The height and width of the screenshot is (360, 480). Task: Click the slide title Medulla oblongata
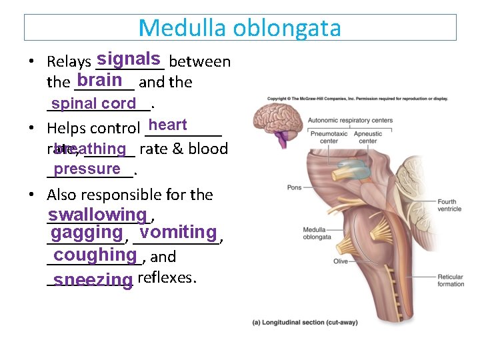coord(240,28)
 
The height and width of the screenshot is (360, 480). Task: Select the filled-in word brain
coord(99,80)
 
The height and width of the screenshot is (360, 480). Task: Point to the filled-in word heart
coord(168,125)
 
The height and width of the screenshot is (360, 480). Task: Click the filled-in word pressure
coord(87,169)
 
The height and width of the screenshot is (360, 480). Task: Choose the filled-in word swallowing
coord(97,215)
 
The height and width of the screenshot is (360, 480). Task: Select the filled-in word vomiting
coord(179,233)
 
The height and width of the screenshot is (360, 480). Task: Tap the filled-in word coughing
coord(95,255)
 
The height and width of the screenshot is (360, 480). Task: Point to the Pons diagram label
coord(295,188)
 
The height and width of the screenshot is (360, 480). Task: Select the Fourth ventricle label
coord(449,205)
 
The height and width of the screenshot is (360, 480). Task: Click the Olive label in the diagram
coord(341,261)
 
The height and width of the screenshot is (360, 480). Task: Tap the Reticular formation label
coord(451,281)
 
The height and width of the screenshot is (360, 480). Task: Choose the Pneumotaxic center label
coord(329,137)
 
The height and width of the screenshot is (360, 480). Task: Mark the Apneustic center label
coord(367,137)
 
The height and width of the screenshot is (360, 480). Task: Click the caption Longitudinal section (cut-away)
coord(305,323)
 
